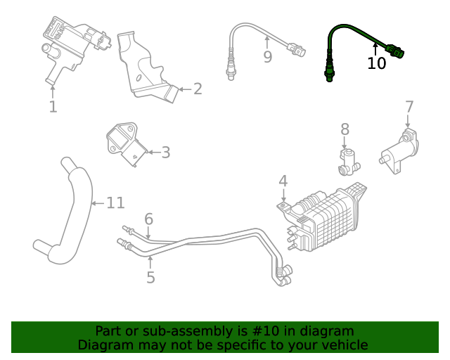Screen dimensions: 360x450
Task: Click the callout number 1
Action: point(53,107)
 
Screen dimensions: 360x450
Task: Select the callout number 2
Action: point(198,89)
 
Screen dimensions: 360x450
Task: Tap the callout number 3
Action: point(165,153)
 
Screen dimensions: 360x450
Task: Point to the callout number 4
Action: point(283,181)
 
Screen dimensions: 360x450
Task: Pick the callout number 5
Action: point(150,278)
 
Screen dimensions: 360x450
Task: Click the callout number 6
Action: point(148,219)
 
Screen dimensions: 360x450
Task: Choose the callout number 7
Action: point(409,107)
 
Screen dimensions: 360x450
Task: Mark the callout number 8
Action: point(345,129)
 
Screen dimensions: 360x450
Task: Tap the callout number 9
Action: point(267,57)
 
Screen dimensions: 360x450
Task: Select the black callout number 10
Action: point(377,63)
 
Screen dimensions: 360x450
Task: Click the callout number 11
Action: point(115,203)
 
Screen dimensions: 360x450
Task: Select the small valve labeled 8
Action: point(347,161)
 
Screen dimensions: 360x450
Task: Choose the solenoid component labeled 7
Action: point(399,149)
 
